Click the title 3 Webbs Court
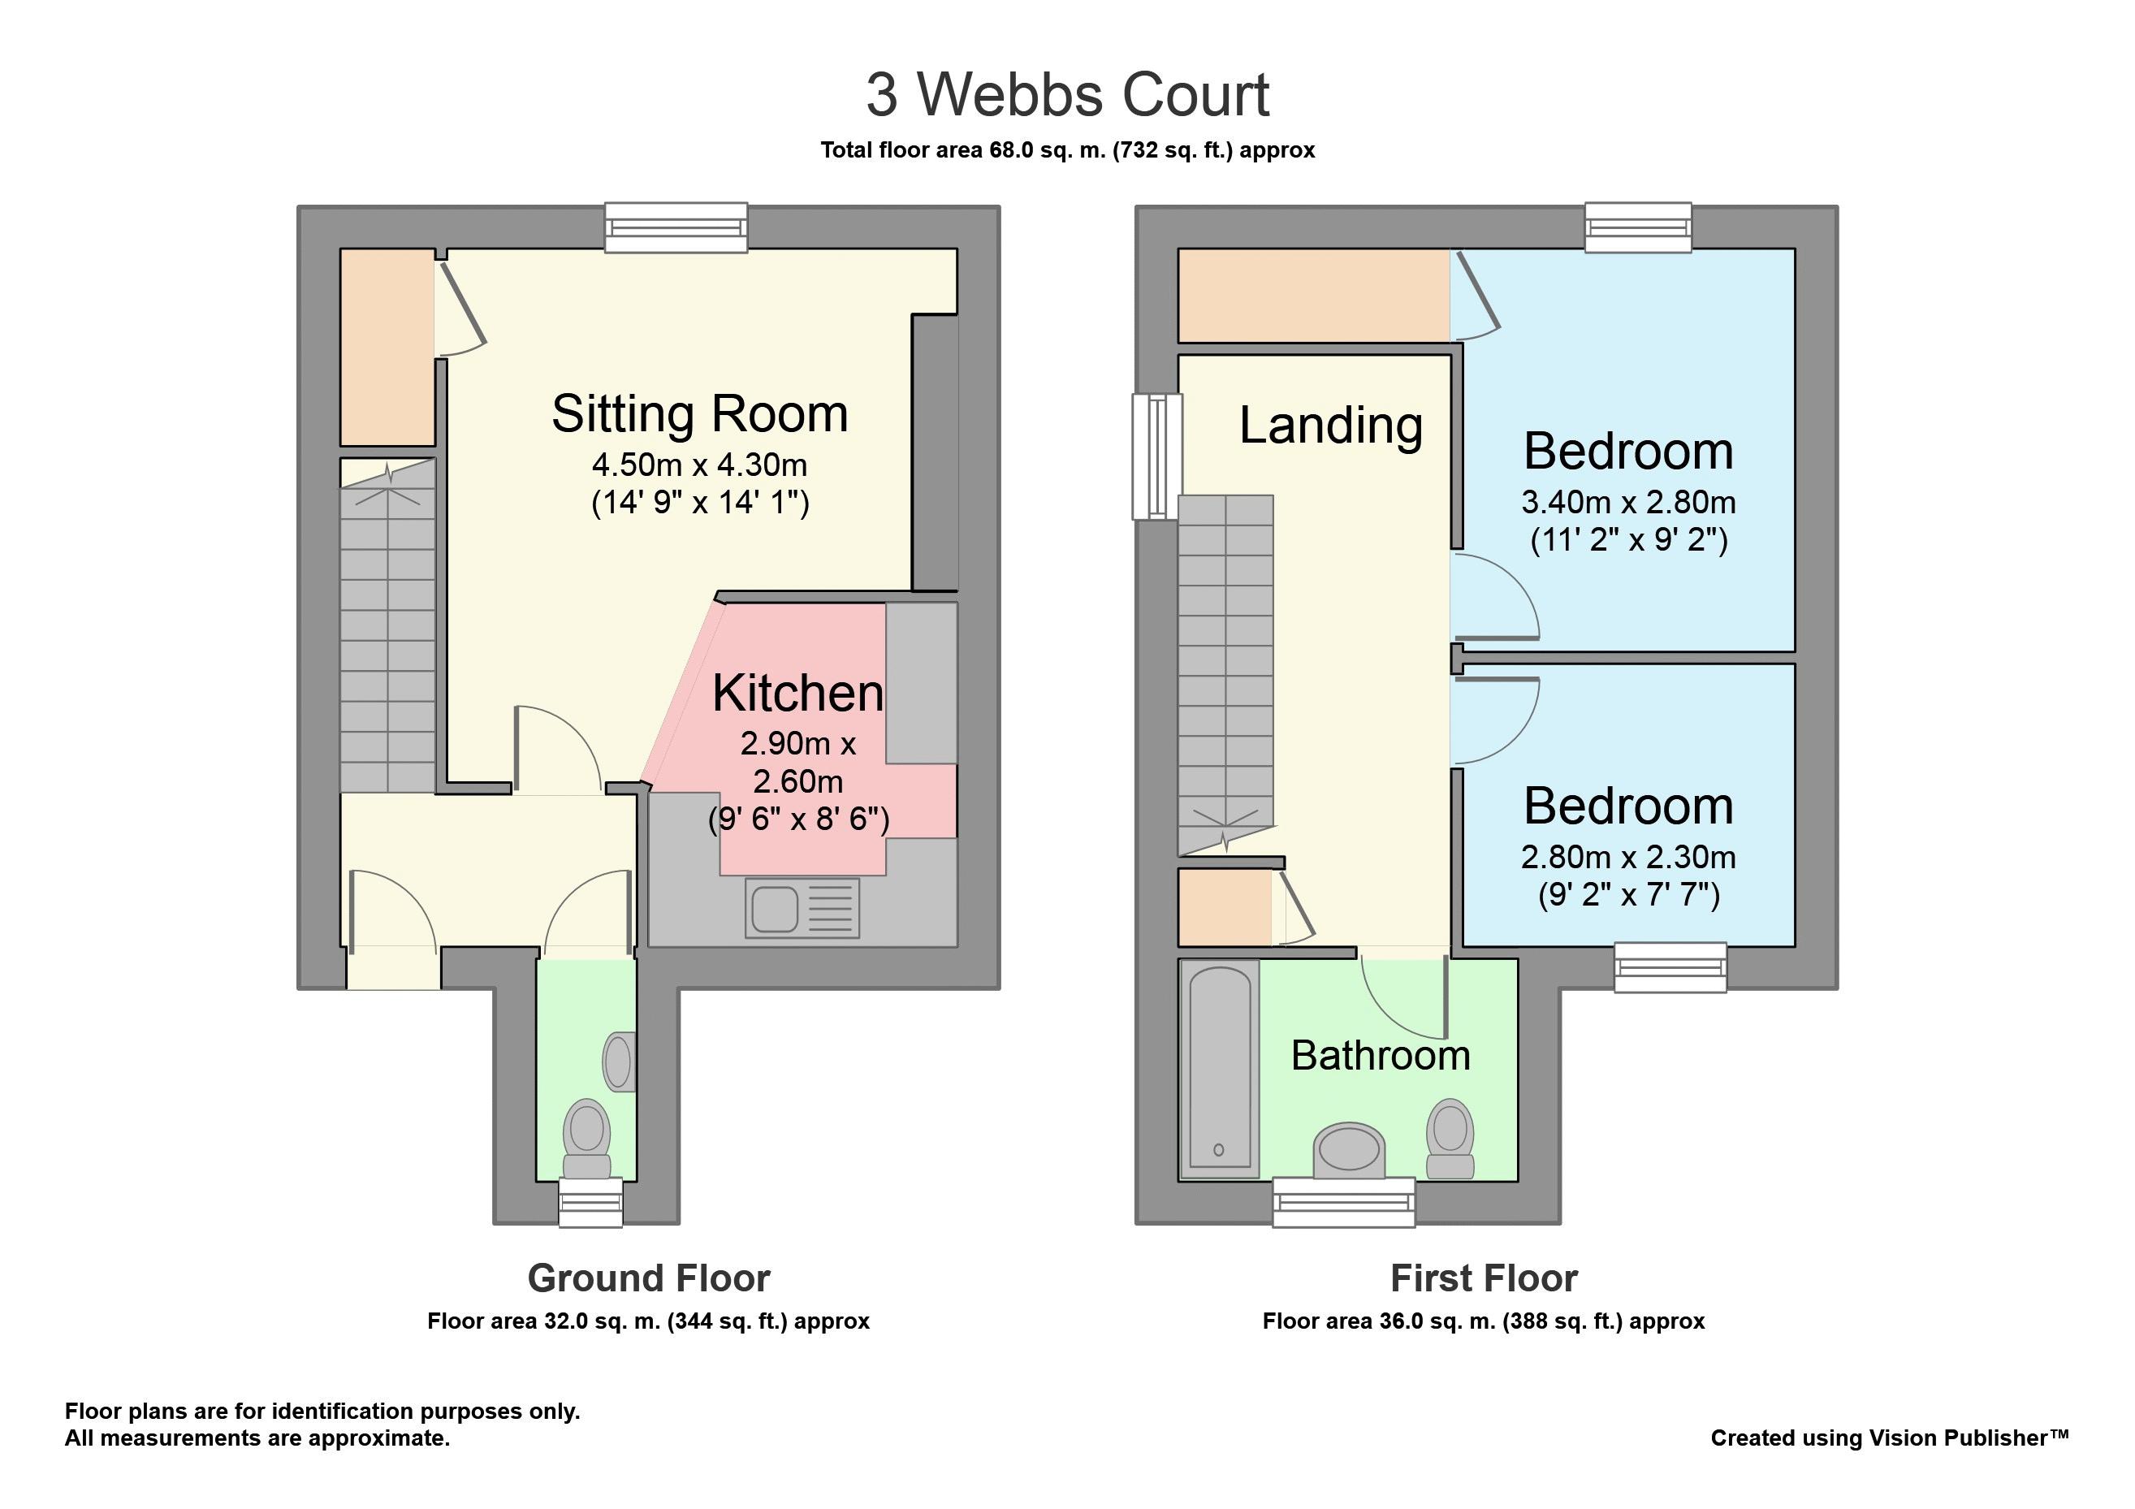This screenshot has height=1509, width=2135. pos(1067,95)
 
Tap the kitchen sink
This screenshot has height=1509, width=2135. pos(802,908)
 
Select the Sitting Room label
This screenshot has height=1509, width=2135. pos(699,413)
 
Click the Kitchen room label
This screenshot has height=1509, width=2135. pos(797,693)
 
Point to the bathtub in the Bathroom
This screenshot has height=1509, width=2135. pos(1219,1070)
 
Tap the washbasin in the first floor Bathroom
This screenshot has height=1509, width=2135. pos(1349,1151)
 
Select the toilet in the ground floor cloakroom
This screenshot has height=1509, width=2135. pos(587,1139)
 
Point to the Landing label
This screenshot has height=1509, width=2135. pos(1331,425)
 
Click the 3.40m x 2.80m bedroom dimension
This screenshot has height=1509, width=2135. pos(1628,502)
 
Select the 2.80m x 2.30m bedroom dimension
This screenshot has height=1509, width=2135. pos(1628,856)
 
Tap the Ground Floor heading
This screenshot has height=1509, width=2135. pos(649,1278)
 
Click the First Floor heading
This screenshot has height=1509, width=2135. pos(1484,1278)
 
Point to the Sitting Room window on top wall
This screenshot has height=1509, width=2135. pos(676,227)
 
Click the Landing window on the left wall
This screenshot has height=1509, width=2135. pos(1156,456)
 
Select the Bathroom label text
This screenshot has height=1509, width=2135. pos(1381,1055)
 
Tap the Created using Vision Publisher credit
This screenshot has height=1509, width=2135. pos(1890,1438)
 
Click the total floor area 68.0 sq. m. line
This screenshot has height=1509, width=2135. pos(1067,150)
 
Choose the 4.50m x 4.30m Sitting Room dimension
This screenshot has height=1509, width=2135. pos(699,465)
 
